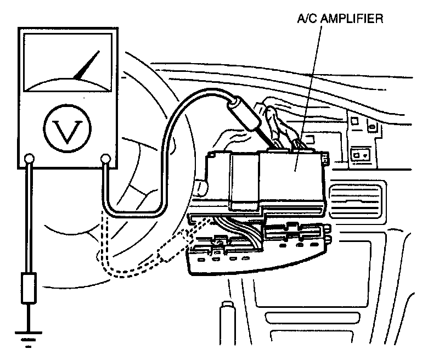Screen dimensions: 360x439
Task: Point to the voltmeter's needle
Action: click(87, 66)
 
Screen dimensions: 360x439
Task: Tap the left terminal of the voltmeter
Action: click(29, 160)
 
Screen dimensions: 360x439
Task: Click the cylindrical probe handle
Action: click(244, 115)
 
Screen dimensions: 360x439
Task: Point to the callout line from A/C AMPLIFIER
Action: click(307, 93)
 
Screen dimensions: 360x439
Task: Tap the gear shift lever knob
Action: click(227, 318)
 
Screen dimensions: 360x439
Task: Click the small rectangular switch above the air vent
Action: click(362, 154)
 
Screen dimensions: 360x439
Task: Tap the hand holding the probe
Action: click(274, 118)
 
